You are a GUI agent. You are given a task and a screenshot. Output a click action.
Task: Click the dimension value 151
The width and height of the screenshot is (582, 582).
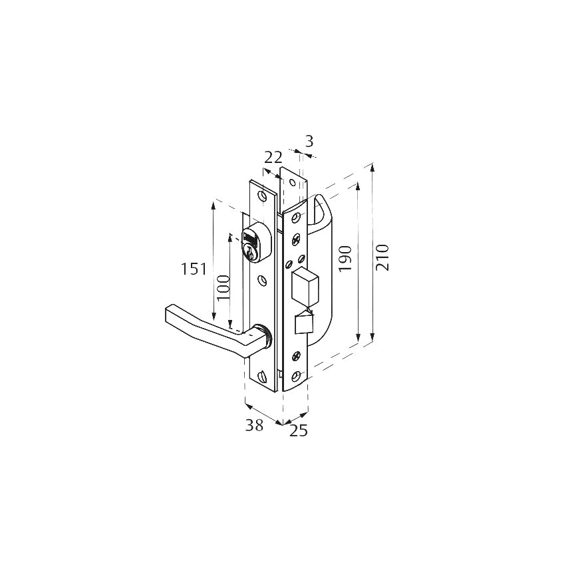194,269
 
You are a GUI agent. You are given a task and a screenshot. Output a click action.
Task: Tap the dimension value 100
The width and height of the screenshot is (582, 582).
223,288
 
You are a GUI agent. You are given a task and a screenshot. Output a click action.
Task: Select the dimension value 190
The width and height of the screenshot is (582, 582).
345,259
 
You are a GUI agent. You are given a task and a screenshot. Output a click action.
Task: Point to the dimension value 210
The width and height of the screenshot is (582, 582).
382,257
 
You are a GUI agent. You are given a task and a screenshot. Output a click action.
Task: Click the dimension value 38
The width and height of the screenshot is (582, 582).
254,426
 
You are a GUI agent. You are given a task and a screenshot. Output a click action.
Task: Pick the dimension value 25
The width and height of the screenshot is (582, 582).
299,430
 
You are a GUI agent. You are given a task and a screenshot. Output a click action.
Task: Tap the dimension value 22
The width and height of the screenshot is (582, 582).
273,158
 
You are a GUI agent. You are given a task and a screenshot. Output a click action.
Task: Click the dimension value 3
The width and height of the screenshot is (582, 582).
309,142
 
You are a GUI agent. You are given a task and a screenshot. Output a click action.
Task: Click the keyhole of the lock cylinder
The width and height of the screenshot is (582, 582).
250,253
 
